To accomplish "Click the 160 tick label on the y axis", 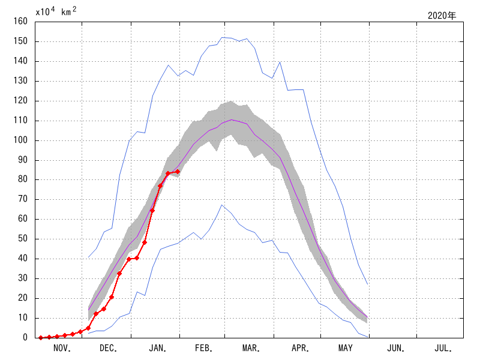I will tap(22, 22).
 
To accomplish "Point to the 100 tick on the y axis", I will tap(22, 140).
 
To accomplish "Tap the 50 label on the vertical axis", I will tap(24, 239).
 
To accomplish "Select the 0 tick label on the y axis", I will tap(26, 337).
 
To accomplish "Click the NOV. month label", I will tap(62, 348).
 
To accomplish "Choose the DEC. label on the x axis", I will tap(109, 348).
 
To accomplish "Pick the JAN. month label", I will tap(158, 348).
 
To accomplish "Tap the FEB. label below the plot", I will tap(205, 348).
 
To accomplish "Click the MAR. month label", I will tap(251, 348).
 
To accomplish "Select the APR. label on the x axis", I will tap(299, 348).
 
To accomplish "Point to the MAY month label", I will tap(346, 348).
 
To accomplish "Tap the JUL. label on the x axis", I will tap(442, 348).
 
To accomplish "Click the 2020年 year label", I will tap(442, 16).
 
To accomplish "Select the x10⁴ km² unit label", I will tap(56, 11).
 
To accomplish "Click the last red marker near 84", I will tap(177, 172).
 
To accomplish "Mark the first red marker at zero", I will tap(41, 338).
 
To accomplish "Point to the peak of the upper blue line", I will tap(223, 37).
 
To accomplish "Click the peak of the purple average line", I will tap(232, 119).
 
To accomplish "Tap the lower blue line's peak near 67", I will tap(222, 205).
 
